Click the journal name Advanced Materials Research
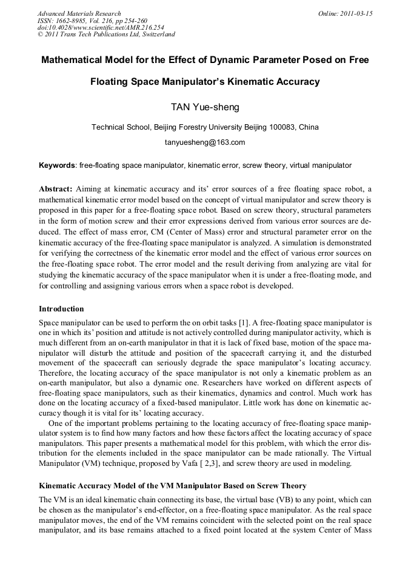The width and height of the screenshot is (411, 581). (79, 13)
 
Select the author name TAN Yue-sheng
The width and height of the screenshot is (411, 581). (205, 107)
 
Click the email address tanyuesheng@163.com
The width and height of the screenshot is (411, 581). (205, 143)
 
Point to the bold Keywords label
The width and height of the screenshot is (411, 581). (57, 165)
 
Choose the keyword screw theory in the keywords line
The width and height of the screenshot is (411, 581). (264, 165)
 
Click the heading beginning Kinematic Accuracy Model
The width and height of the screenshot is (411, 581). (172, 486)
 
